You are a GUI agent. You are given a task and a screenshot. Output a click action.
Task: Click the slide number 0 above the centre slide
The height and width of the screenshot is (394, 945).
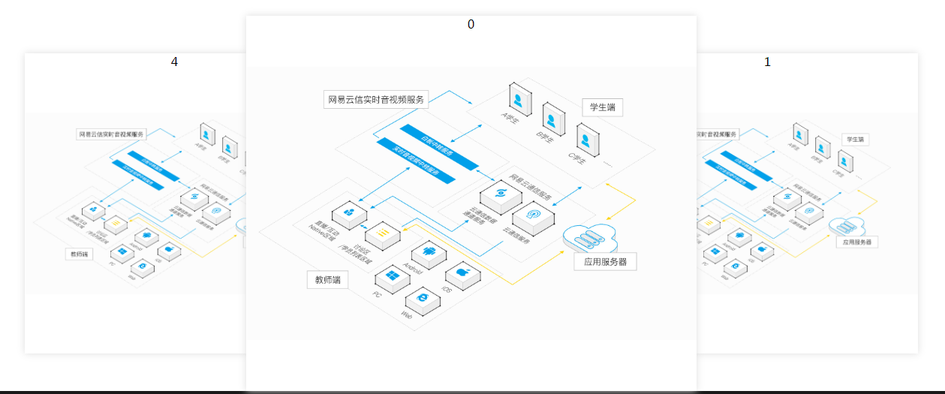(x=471, y=24)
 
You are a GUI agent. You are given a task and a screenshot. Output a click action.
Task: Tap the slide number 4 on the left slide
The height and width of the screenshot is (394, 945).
(x=174, y=62)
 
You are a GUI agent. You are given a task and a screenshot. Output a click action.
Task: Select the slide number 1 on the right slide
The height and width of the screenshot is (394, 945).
(x=767, y=62)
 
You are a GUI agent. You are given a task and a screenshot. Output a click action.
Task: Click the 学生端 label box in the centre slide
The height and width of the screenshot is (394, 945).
(x=602, y=107)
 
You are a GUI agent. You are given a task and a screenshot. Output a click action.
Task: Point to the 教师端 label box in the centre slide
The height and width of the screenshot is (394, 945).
(x=327, y=280)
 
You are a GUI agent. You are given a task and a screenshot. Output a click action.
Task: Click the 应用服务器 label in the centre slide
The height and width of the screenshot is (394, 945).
(x=605, y=262)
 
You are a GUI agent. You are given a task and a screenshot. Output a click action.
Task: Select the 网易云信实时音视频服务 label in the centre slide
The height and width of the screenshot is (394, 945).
(x=375, y=99)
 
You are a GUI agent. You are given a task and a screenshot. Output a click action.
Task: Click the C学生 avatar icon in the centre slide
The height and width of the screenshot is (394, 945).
(x=588, y=140)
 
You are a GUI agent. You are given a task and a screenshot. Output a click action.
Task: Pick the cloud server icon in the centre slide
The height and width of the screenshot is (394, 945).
(x=590, y=236)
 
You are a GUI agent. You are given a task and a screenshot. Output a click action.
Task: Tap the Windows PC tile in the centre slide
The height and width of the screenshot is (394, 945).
(x=392, y=278)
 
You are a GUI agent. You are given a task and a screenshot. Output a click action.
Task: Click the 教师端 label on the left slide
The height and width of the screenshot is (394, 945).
(x=79, y=254)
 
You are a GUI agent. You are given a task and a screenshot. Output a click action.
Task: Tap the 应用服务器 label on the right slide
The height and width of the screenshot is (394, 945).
(x=857, y=242)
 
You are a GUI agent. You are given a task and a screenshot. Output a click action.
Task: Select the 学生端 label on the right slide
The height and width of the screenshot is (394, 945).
(x=855, y=140)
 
